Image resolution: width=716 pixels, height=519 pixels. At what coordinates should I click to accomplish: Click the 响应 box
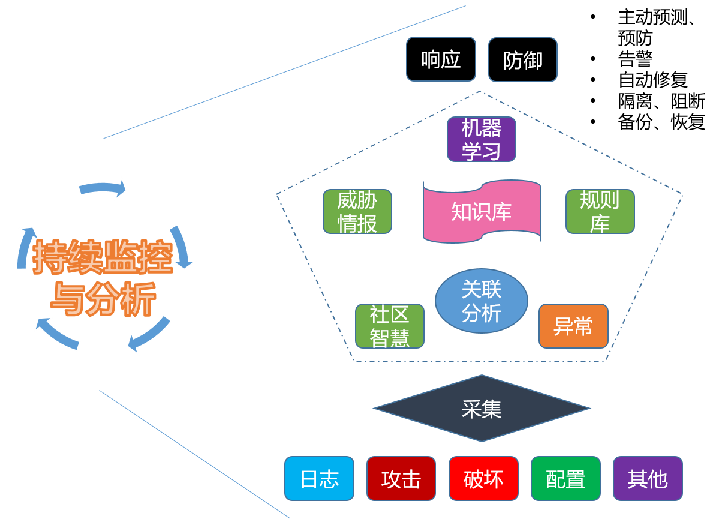click(441, 59)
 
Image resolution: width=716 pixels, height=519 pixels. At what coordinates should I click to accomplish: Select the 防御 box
click(522, 59)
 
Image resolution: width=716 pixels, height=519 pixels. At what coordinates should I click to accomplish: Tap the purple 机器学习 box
click(481, 139)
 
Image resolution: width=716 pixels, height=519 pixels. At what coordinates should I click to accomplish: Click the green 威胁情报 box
click(357, 211)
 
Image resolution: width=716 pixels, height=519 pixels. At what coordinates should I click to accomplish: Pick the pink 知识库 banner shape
click(481, 211)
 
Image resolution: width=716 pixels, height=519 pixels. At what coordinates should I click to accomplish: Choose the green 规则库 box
click(600, 211)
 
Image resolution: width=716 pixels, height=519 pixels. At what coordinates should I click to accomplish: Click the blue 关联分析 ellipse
click(481, 301)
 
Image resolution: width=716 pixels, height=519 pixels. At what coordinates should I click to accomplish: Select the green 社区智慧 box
click(389, 326)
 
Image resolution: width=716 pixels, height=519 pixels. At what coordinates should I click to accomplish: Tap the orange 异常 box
click(573, 326)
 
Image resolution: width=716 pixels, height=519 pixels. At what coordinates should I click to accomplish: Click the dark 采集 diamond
click(481, 409)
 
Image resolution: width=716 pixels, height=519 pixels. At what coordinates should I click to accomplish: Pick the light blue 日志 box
click(319, 478)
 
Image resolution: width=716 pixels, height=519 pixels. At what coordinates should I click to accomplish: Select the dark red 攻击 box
click(401, 478)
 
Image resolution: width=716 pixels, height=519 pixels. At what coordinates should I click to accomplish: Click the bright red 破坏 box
click(483, 478)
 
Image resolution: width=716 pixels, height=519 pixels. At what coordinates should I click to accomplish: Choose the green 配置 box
click(565, 478)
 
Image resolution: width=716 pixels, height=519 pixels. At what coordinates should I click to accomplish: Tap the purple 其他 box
click(648, 478)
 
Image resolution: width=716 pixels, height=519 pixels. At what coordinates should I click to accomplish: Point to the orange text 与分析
click(103, 298)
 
